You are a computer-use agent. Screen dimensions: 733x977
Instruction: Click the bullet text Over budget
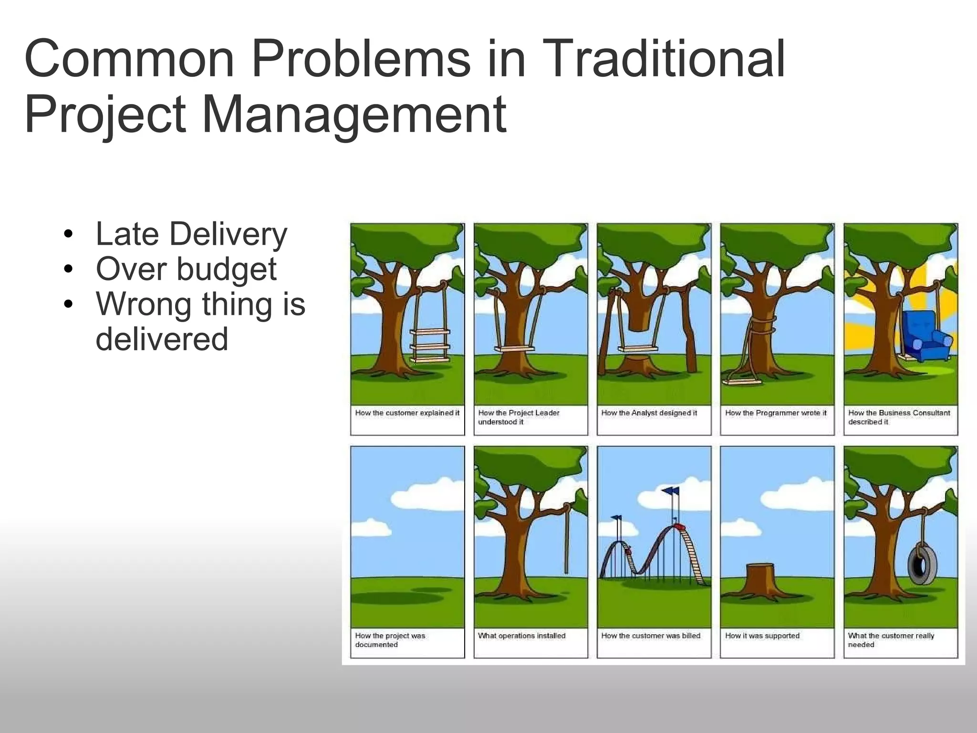pos(186,269)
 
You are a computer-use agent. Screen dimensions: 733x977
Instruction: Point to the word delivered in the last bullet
pos(162,339)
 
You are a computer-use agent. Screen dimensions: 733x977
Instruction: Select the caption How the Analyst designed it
pos(649,413)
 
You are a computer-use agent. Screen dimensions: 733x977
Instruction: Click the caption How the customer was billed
pos(651,636)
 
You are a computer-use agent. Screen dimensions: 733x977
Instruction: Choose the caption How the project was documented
pos(390,640)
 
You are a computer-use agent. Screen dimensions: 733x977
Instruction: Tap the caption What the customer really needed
pos(890,640)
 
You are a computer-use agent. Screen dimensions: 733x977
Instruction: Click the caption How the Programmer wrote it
pos(776,413)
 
